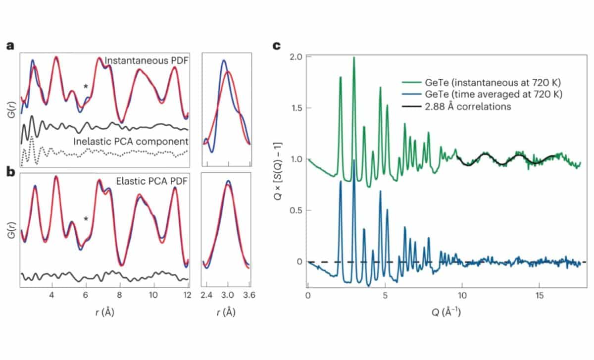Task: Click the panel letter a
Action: click(10, 46)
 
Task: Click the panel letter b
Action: click(10, 173)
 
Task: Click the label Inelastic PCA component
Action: click(131, 141)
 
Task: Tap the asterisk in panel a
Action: click(86, 88)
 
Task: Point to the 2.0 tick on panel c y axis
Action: click(296, 56)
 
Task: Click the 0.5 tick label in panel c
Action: click(296, 210)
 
